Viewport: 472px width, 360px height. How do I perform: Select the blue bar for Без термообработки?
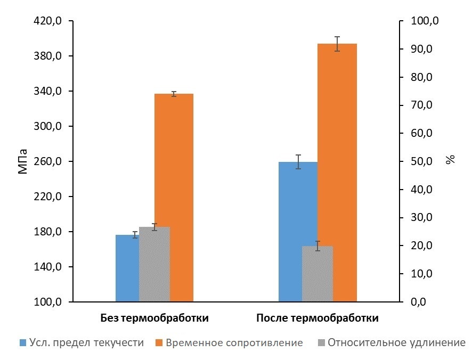click(127, 268)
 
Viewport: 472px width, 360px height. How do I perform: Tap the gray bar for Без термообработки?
click(154, 264)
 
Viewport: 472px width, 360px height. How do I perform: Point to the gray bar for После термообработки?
click(318, 274)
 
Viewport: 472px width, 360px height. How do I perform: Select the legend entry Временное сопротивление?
click(230, 342)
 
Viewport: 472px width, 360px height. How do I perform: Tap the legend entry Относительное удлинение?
click(392, 342)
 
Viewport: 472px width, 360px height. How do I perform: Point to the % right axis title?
click(451, 160)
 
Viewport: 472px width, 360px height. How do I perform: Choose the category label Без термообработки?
click(154, 318)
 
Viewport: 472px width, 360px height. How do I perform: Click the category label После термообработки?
click(318, 318)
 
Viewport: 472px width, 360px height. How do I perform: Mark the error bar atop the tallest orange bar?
click(337, 44)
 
